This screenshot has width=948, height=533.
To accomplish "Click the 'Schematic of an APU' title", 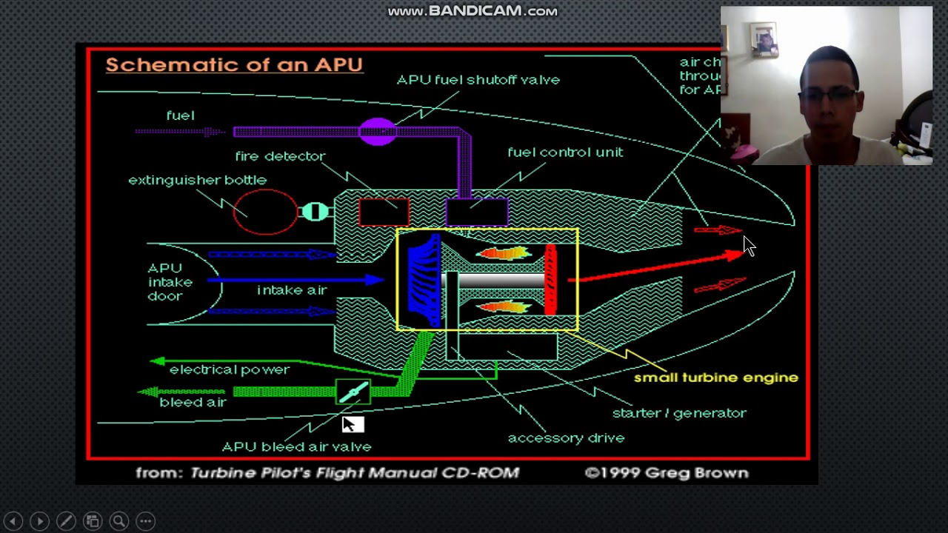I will (x=234, y=64).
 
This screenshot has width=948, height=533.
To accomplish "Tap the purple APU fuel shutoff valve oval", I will (x=378, y=132).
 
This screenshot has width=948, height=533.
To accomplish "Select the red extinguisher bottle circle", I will (x=265, y=212).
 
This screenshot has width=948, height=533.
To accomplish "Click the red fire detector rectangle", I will (x=384, y=212).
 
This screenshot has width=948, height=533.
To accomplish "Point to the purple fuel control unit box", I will (x=477, y=212).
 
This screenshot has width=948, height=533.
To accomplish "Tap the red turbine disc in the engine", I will (x=550, y=280).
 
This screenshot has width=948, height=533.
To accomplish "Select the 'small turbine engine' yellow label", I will (x=715, y=378).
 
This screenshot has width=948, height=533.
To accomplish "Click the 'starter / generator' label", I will (x=679, y=413).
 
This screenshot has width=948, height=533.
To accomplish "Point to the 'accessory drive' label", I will (x=566, y=438).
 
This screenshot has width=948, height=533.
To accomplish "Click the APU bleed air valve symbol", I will (x=353, y=392).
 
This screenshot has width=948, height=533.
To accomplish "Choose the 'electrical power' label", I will (x=229, y=369).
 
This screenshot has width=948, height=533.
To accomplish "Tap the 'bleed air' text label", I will (x=193, y=402).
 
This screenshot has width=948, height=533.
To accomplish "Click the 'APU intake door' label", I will (x=170, y=282).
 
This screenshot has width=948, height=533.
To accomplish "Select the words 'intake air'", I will (x=292, y=290).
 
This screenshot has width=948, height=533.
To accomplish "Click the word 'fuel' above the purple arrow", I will (x=180, y=115).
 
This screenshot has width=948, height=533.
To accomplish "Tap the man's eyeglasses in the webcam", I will (x=829, y=95).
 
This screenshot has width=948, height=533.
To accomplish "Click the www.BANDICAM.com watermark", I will (x=473, y=11).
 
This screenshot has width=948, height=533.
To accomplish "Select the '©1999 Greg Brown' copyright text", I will (x=667, y=473).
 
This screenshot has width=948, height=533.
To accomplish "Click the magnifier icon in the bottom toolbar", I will (x=118, y=521).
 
